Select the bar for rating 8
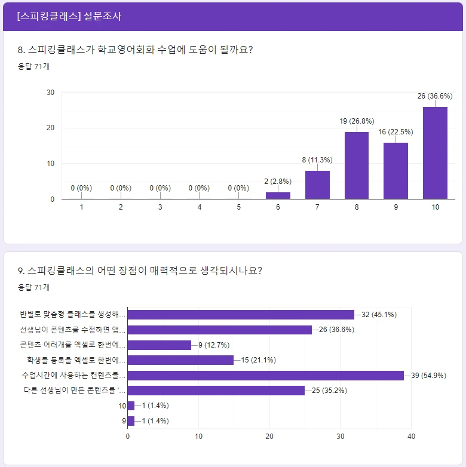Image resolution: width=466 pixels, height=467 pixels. click(357, 165)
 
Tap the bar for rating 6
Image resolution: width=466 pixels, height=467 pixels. click(278, 195)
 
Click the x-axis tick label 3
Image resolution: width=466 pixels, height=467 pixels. click(160, 207)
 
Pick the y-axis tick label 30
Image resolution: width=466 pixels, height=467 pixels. click(51, 93)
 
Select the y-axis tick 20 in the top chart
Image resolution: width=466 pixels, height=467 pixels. click(51, 128)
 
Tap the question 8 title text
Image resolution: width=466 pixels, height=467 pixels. click(135, 50)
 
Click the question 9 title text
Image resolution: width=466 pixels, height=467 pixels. click(140, 271)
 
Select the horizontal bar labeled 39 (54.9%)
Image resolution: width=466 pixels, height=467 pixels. click(266, 375)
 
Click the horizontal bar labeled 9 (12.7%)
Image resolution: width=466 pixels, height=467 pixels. click(160, 345)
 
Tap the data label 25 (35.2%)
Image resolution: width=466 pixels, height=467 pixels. click(329, 391)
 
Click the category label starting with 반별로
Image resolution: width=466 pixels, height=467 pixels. click(73, 314)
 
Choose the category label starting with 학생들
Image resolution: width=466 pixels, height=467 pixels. click(76, 360)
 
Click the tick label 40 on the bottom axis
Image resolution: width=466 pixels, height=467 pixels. click(411, 436)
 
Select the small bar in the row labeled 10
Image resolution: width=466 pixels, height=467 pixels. click(131, 405)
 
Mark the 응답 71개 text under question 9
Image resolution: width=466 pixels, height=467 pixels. click(34, 287)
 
